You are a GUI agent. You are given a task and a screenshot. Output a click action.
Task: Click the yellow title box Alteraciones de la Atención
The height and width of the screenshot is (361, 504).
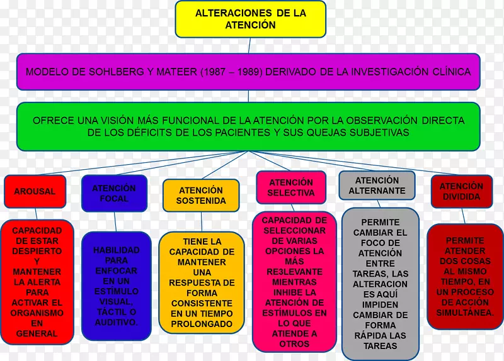point(250,19)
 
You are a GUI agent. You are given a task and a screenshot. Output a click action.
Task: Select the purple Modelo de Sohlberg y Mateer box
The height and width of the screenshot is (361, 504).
point(248,72)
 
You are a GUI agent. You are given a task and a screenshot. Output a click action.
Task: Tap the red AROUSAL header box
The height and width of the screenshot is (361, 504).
point(35,191)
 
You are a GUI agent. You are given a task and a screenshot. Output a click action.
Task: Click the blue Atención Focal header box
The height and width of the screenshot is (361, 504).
point(114,193)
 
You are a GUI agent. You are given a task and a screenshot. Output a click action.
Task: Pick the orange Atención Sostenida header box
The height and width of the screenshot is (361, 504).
point(201,195)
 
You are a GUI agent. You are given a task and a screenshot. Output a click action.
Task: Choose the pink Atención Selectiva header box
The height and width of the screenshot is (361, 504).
point(290,187)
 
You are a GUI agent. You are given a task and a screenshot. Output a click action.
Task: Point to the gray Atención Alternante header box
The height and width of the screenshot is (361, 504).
point(377,185)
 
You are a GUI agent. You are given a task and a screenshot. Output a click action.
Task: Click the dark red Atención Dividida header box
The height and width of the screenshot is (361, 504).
point(461,191)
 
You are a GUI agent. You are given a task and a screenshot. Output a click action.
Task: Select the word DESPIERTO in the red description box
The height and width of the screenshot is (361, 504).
point(37,251)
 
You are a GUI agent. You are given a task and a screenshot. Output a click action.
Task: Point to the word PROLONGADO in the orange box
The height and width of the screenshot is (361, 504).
point(201,324)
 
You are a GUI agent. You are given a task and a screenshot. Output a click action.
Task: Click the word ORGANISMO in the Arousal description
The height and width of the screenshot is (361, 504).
point(37,313)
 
